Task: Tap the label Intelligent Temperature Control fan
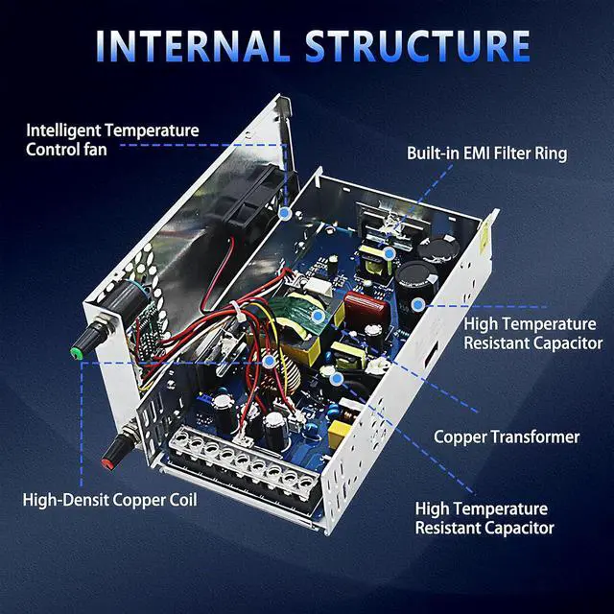(x=112, y=139)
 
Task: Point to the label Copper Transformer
(x=507, y=437)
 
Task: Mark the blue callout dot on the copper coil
(x=270, y=362)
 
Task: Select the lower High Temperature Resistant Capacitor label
(x=484, y=518)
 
